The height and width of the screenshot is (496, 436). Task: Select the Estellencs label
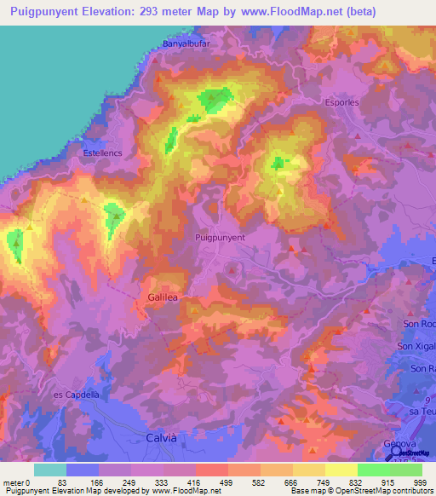(x=102, y=153)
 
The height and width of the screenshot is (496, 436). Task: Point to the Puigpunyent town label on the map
(x=220, y=239)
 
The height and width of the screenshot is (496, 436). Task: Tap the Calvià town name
(x=157, y=438)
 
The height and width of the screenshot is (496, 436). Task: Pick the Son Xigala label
(x=416, y=346)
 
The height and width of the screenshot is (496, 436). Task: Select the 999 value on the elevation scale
(x=421, y=482)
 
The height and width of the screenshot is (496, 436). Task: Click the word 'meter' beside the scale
(x=14, y=482)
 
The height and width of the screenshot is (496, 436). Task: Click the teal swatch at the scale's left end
(x=50, y=470)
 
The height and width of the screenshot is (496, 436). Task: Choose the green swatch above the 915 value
(x=373, y=470)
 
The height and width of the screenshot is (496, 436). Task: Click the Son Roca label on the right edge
(x=418, y=325)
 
